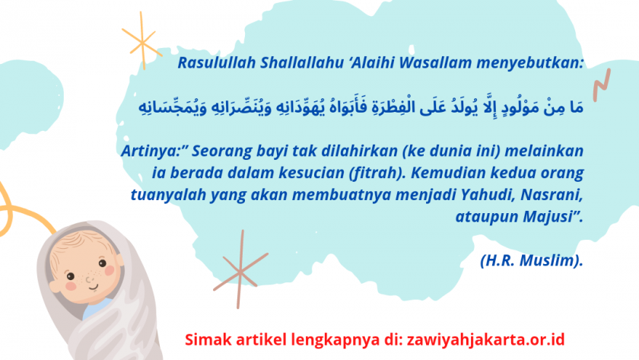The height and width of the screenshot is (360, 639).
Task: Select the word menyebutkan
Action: pos(529,62)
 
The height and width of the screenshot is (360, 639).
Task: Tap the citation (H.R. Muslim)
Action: pos(532,260)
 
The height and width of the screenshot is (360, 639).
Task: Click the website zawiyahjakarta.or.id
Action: pos(486,340)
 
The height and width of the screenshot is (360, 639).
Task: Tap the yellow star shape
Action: pos(142,42)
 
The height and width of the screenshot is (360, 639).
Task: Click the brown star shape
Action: pos(240,271)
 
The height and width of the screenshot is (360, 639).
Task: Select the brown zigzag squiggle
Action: pos(602,85)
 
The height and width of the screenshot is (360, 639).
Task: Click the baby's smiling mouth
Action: pos(94,288)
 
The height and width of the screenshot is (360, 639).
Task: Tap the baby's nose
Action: pos(89,279)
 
